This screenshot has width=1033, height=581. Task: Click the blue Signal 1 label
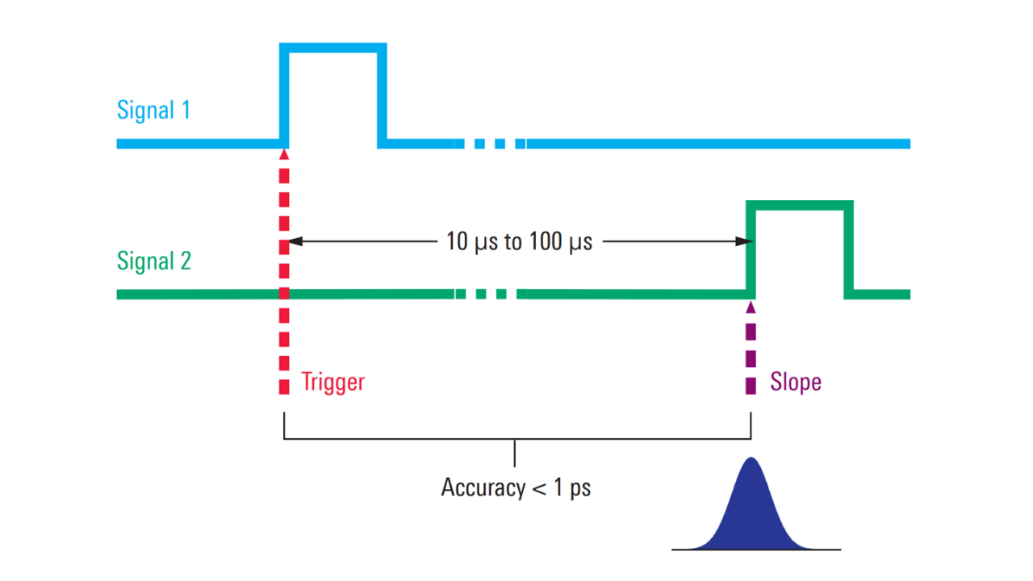pos(153,110)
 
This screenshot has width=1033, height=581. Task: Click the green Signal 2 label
pos(153,261)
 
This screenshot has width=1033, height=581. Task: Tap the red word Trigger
pos(332,382)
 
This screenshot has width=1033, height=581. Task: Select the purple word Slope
pos(795,382)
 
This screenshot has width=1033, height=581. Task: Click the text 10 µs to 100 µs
pos(518,241)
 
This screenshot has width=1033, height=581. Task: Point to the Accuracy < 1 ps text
pos(515,487)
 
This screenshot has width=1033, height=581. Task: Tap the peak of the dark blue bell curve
pos(751,460)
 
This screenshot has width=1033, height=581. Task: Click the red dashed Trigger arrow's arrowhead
pos(284,152)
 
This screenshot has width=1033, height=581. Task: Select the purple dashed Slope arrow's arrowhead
pos(751,306)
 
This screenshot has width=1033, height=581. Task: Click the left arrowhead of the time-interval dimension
pos(295,240)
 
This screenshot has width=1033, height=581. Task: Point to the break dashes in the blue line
pos(490,144)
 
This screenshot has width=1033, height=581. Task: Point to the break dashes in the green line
pos(490,294)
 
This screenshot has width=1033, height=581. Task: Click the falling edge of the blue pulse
pos(382,97)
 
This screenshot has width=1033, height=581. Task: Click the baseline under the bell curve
pos(756,550)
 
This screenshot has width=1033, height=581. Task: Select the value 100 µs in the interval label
pos(560,241)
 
